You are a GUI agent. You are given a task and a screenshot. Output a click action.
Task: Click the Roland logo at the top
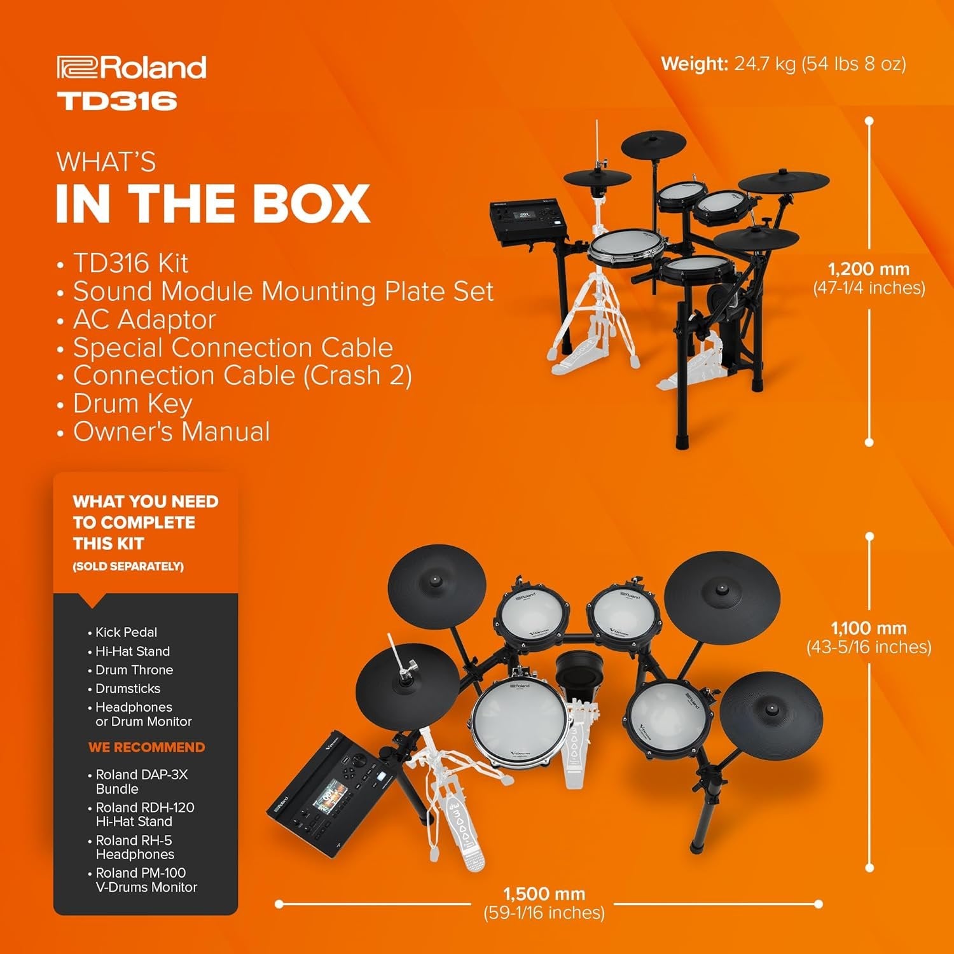coord(132,67)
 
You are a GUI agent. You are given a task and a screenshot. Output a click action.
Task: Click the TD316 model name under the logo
coord(117,101)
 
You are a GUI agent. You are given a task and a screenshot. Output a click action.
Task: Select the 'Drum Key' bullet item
coord(132,403)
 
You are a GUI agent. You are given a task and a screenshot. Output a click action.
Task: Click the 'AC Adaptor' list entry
coord(144,319)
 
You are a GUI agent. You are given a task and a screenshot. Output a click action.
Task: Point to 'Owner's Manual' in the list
coord(171,431)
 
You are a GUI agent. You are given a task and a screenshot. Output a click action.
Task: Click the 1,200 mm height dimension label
coord(869,269)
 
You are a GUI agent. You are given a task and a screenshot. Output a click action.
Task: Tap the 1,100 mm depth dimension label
coord(869,628)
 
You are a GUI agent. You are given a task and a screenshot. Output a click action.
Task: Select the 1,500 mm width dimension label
coord(544,894)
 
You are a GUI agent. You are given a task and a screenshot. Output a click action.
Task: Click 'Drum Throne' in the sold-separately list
coord(134,670)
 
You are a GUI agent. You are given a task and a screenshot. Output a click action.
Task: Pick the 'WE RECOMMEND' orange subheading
coord(146,747)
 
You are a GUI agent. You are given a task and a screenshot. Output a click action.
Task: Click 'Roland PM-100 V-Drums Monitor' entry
coord(146,880)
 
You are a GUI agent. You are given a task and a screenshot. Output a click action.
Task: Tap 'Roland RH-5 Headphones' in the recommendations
coord(134,847)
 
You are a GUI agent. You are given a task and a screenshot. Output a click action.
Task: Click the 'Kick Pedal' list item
coord(126,632)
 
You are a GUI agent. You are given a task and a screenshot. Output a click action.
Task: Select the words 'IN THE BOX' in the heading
coord(213,204)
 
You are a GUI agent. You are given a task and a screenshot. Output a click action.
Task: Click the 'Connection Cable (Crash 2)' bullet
coord(242,375)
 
